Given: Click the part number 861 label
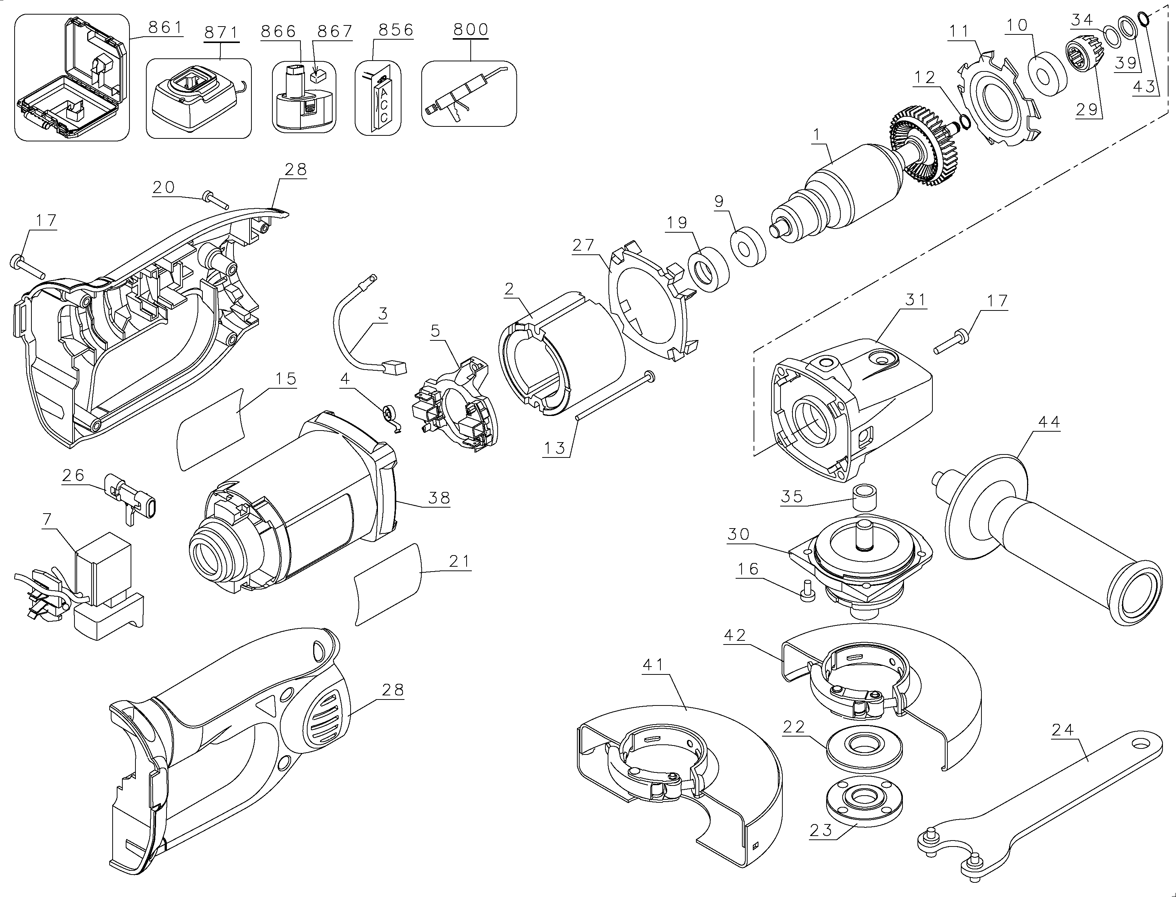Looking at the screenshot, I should click(x=165, y=28).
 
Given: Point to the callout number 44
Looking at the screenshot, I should click(x=1048, y=422).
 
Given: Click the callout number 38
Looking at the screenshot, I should click(x=439, y=498).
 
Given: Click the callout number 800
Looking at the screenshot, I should click(x=470, y=30).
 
